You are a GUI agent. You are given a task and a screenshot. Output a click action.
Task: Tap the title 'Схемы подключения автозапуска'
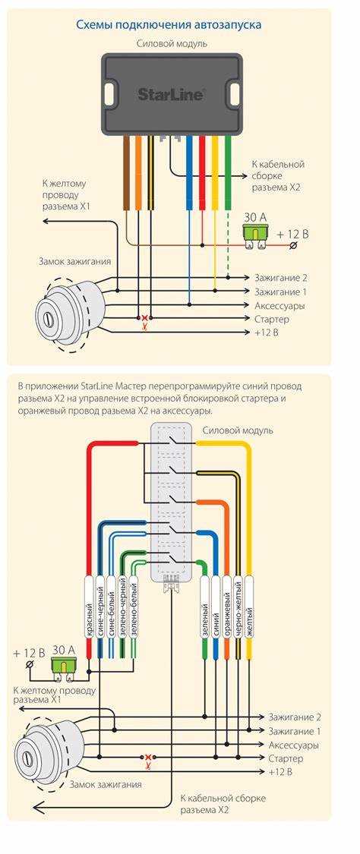point(169,24)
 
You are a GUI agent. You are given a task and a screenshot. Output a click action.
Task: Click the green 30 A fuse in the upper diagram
point(254,234)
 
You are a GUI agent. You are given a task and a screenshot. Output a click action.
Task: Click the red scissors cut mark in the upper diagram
point(144,321)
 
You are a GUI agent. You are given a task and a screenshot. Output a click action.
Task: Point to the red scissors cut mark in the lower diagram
point(147,761)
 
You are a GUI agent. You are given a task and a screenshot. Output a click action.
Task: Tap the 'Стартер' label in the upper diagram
point(271,319)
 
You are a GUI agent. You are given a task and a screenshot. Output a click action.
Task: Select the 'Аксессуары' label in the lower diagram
point(294,745)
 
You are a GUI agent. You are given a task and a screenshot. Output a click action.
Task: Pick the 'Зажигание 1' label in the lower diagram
point(295,731)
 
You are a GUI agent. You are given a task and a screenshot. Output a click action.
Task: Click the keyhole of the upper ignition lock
point(45,317)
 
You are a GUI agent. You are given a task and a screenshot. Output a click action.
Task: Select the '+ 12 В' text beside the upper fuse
point(292,235)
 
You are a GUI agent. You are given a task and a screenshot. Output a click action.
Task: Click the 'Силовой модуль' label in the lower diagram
point(238,430)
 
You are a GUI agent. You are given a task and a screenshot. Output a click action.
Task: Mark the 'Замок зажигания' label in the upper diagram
point(74,261)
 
